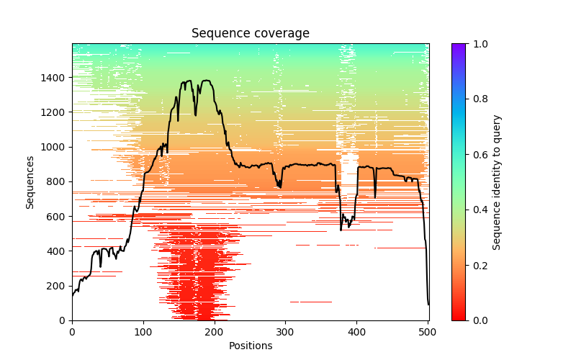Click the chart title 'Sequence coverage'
point(250,34)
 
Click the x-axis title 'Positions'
point(250,346)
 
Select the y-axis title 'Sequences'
point(30,181)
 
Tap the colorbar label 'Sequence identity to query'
point(497,182)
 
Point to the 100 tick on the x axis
point(143,320)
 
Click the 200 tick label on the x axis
point(214,331)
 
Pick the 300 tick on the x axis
point(285,320)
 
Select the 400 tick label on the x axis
point(356,331)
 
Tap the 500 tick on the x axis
point(428,320)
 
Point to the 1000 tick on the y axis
point(72,147)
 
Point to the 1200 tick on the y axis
point(72,112)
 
